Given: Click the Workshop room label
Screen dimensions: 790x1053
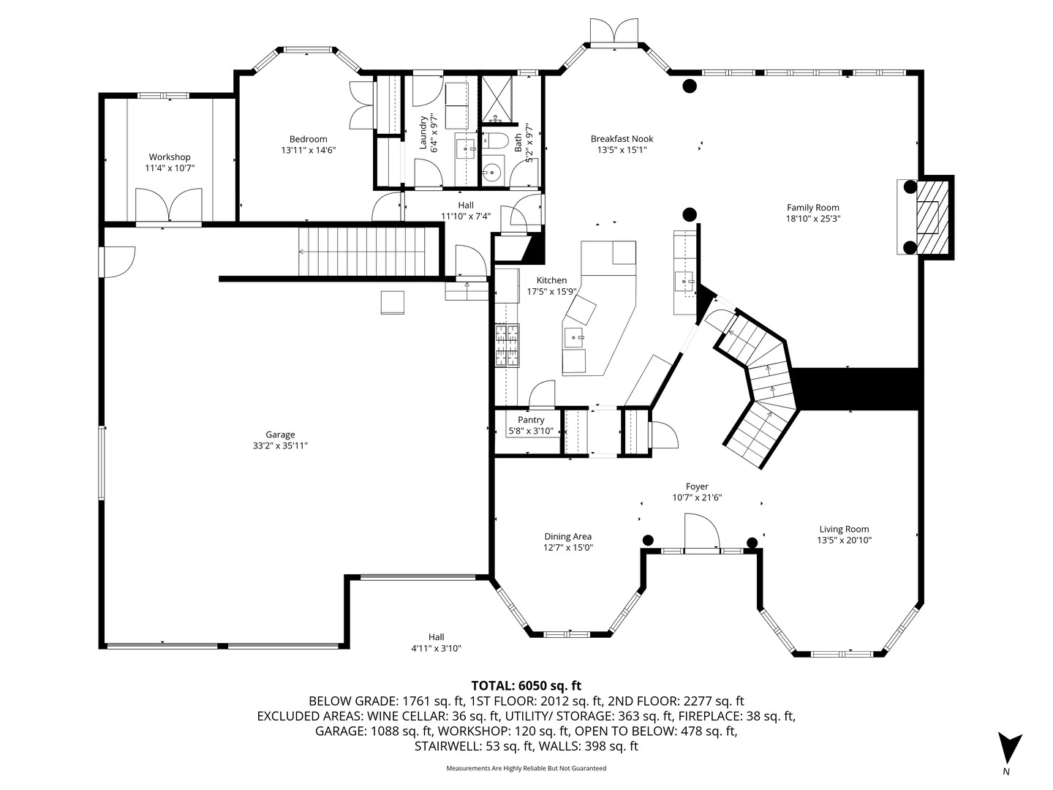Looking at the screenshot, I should click(x=170, y=157).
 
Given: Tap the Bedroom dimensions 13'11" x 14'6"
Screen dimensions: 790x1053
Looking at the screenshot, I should click(x=308, y=150).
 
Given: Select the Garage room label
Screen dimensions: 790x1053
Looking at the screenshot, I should click(x=280, y=434).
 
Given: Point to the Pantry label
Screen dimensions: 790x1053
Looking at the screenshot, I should click(x=531, y=420).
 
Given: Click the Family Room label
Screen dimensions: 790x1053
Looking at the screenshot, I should click(x=812, y=208).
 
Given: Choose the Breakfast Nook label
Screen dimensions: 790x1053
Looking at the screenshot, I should click(x=622, y=139).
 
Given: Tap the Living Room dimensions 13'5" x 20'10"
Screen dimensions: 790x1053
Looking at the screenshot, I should click(x=844, y=541).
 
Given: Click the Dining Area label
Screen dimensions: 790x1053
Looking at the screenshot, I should click(x=567, y=536).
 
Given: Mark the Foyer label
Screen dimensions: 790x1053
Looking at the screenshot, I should click(x=697, y=486).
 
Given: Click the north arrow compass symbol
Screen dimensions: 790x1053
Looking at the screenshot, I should click(x=1009, y=748).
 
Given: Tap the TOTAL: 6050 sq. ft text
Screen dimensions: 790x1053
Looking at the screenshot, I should click(x=526, y=685).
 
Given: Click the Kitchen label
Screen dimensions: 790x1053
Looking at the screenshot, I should click(x=551, y=280).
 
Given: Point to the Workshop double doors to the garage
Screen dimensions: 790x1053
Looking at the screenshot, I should click(x=168, y=205).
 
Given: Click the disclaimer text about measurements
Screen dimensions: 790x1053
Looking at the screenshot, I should click(x=526, y=768).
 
